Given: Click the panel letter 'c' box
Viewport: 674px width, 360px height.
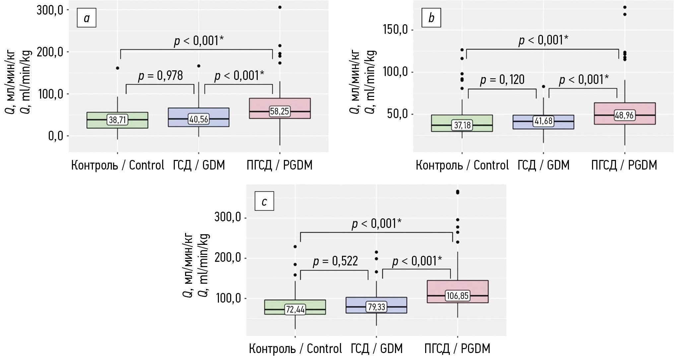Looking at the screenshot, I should pos(264,201).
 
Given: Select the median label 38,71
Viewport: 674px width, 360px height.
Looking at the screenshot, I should pos(117,120).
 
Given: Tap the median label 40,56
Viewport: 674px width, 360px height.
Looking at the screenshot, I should pos(199,119).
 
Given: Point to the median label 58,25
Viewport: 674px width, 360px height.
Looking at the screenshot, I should pos(280,111).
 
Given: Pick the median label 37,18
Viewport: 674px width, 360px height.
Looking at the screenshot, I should pos(462,125).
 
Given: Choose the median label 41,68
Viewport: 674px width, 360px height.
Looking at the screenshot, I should pos(543,121).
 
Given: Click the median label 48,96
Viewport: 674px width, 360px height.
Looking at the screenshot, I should pos(625,115).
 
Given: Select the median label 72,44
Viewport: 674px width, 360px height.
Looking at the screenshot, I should pos(295,310).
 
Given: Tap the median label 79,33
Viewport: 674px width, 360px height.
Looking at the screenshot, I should pos(376,307).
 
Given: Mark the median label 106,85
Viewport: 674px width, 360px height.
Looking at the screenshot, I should pos(457,296).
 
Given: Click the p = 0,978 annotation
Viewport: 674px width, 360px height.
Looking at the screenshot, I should pos(161,76).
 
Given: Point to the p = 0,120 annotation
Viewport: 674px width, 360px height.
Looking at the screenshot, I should pos(503,80).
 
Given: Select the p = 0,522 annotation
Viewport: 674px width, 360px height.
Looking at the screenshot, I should pos(335,261).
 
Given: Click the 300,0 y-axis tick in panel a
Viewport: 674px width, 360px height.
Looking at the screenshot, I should pos(50,10).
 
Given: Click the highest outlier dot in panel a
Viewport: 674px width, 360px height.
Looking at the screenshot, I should pos(280,7).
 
